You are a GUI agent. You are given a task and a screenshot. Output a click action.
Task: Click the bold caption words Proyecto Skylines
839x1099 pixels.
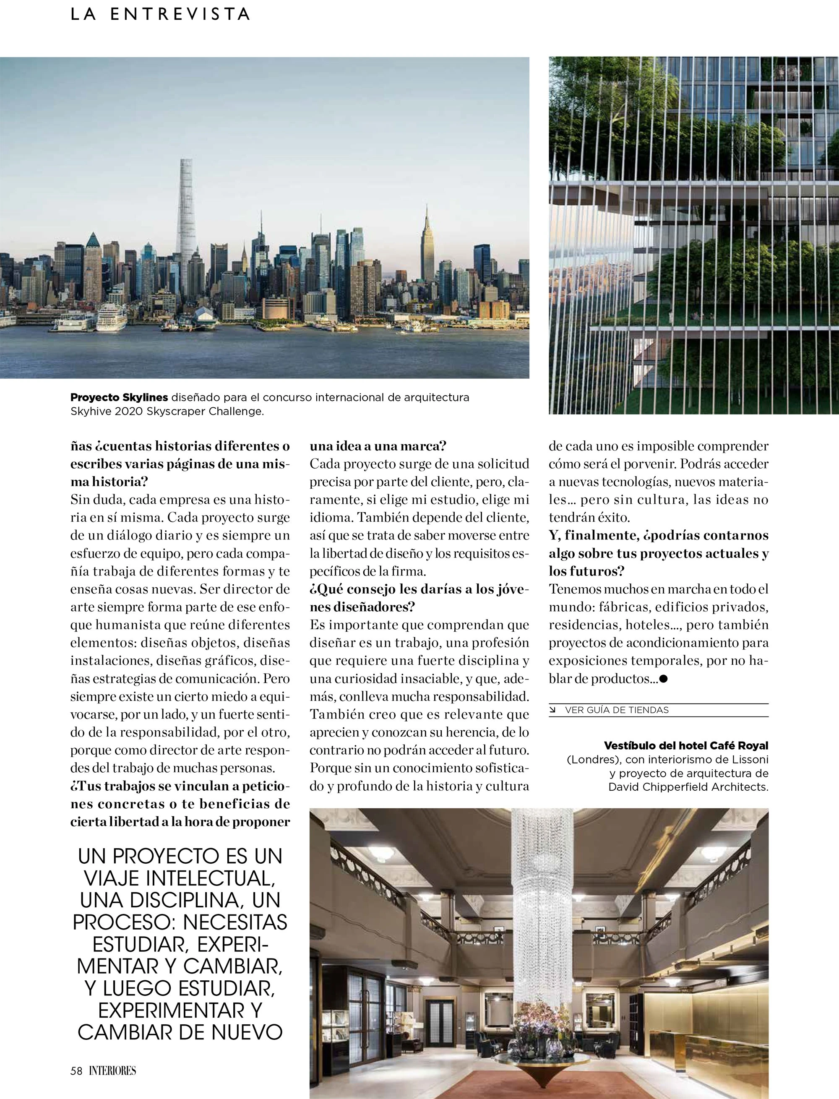point(119,398)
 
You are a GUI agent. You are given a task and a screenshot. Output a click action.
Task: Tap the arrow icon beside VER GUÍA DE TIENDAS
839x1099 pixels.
point(553,710)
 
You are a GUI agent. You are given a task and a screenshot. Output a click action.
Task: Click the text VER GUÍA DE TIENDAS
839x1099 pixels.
point(617,710)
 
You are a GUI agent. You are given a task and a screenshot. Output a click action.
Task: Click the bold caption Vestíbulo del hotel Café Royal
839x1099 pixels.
point(686,745)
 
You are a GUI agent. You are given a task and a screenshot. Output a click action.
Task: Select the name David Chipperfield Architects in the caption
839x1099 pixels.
point(688,787)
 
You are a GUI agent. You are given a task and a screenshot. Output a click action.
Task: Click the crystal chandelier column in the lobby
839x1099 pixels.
point(542,914)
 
